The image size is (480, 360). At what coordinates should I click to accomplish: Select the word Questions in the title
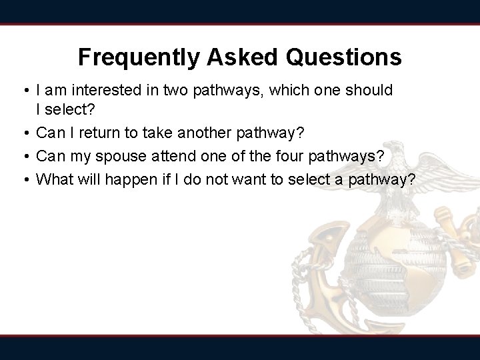(x=344, y=57)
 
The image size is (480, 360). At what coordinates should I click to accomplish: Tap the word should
(x=369, y=89)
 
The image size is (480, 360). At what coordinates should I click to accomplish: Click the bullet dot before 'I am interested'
(x=25, y=90)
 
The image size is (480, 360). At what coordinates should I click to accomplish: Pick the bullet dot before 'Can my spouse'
(x=25, y=157)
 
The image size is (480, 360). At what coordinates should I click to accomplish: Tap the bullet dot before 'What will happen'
(x=25, y=179)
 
